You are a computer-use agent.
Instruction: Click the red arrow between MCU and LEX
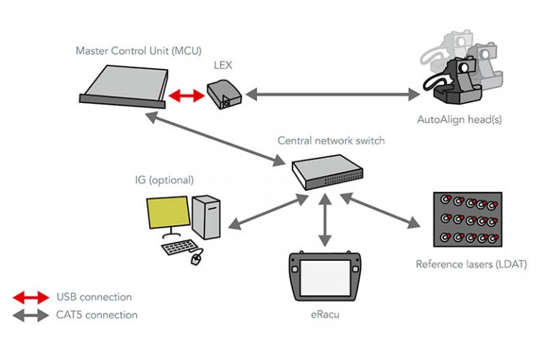tap(187, 96)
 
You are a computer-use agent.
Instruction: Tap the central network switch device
tap(328, 171)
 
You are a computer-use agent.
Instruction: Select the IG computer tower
tap(206, 216)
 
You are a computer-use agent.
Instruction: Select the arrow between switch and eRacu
tap(325, 221)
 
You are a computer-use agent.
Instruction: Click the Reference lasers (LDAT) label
tap(471, 264)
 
